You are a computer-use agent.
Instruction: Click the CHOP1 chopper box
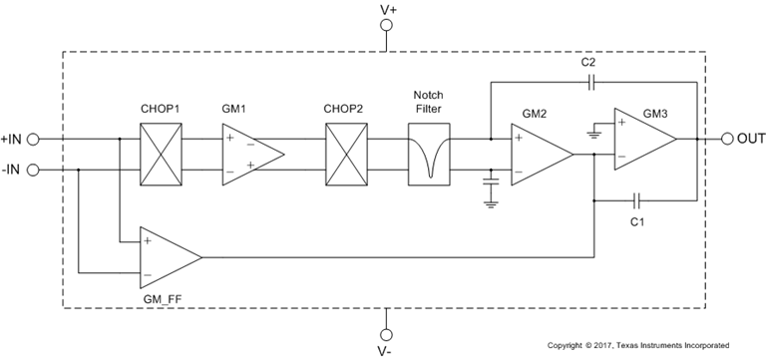(160, 154)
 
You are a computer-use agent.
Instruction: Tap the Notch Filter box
(430, 154)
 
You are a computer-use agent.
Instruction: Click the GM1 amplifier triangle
(248, 154)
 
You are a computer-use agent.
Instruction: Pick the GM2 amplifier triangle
(539, 154)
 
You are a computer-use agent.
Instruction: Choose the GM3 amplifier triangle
(642, 140)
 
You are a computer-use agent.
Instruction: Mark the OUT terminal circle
(713, 140)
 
